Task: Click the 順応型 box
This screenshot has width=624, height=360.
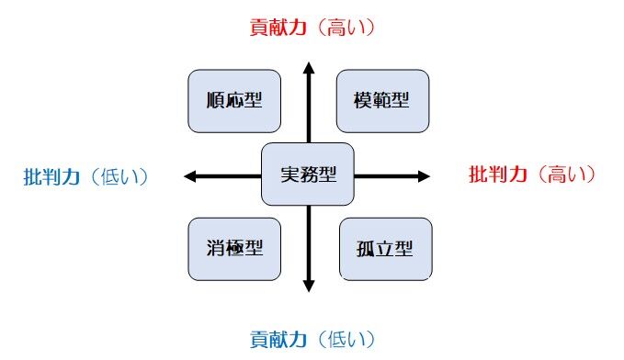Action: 234,101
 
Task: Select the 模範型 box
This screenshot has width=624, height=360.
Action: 383,101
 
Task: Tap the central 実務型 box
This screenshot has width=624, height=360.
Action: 308,174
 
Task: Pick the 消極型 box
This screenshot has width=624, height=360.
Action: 234,249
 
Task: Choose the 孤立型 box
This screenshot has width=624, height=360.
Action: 386,249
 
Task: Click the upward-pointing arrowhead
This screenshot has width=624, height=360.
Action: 309,69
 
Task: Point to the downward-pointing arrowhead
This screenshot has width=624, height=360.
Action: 309,286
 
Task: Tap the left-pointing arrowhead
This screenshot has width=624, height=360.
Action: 190,176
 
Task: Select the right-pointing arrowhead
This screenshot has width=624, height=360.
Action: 424,176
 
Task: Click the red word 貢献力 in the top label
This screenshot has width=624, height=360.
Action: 278,28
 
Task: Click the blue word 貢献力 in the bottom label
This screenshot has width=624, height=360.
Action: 278,339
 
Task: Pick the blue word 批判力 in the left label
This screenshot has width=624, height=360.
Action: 51,176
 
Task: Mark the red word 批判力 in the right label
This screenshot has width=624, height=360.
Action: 498,174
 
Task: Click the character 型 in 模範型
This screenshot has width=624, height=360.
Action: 400,100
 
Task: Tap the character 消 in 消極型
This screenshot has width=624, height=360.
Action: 216,247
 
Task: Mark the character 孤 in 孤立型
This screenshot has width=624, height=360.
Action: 366,249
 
